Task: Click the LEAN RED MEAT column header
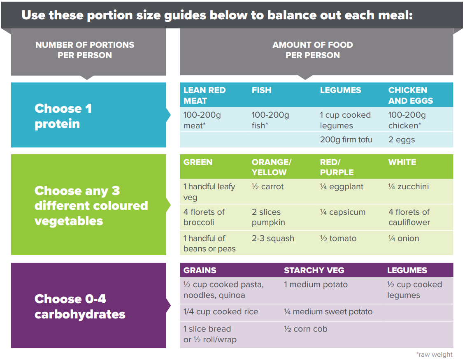pyautogui.click(x=205, y=95)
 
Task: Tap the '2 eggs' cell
pyautogui.click(x=402, y=140)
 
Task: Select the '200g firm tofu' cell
pyautogui.click(x=346, y=140)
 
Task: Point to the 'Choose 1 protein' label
pyautogui.click(x=63, y=116)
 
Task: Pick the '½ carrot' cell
pyautogui.click(x=267, y=187)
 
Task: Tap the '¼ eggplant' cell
pyautogui.click(x=342, y=187)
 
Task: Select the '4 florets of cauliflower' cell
pyautogui.click(x=409, y=217)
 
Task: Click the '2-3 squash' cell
pyautogui.click(x=273, y=239)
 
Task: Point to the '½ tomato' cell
pyautogui.click(x=338, y=239)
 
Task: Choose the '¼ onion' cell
pyautogui.click(x=404, y=239)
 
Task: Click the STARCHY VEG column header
pyautogui.click(x=314, y=270)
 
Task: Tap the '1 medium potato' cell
pyautogui.click(x=316, y=285)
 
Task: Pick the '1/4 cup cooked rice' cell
pyautogui.click(x=221, y=312)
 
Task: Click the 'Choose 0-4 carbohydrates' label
pyautogui.click(x=80, y=307)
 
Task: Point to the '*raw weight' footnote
pyautogui.click(x=434, y=355)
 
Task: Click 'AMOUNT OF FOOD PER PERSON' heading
pyautogui.click(x=313, y=50)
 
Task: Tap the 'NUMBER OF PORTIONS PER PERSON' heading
pyautogui.click(x=85, y=50)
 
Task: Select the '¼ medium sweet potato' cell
pyautogui.click(x=328, y=312)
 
